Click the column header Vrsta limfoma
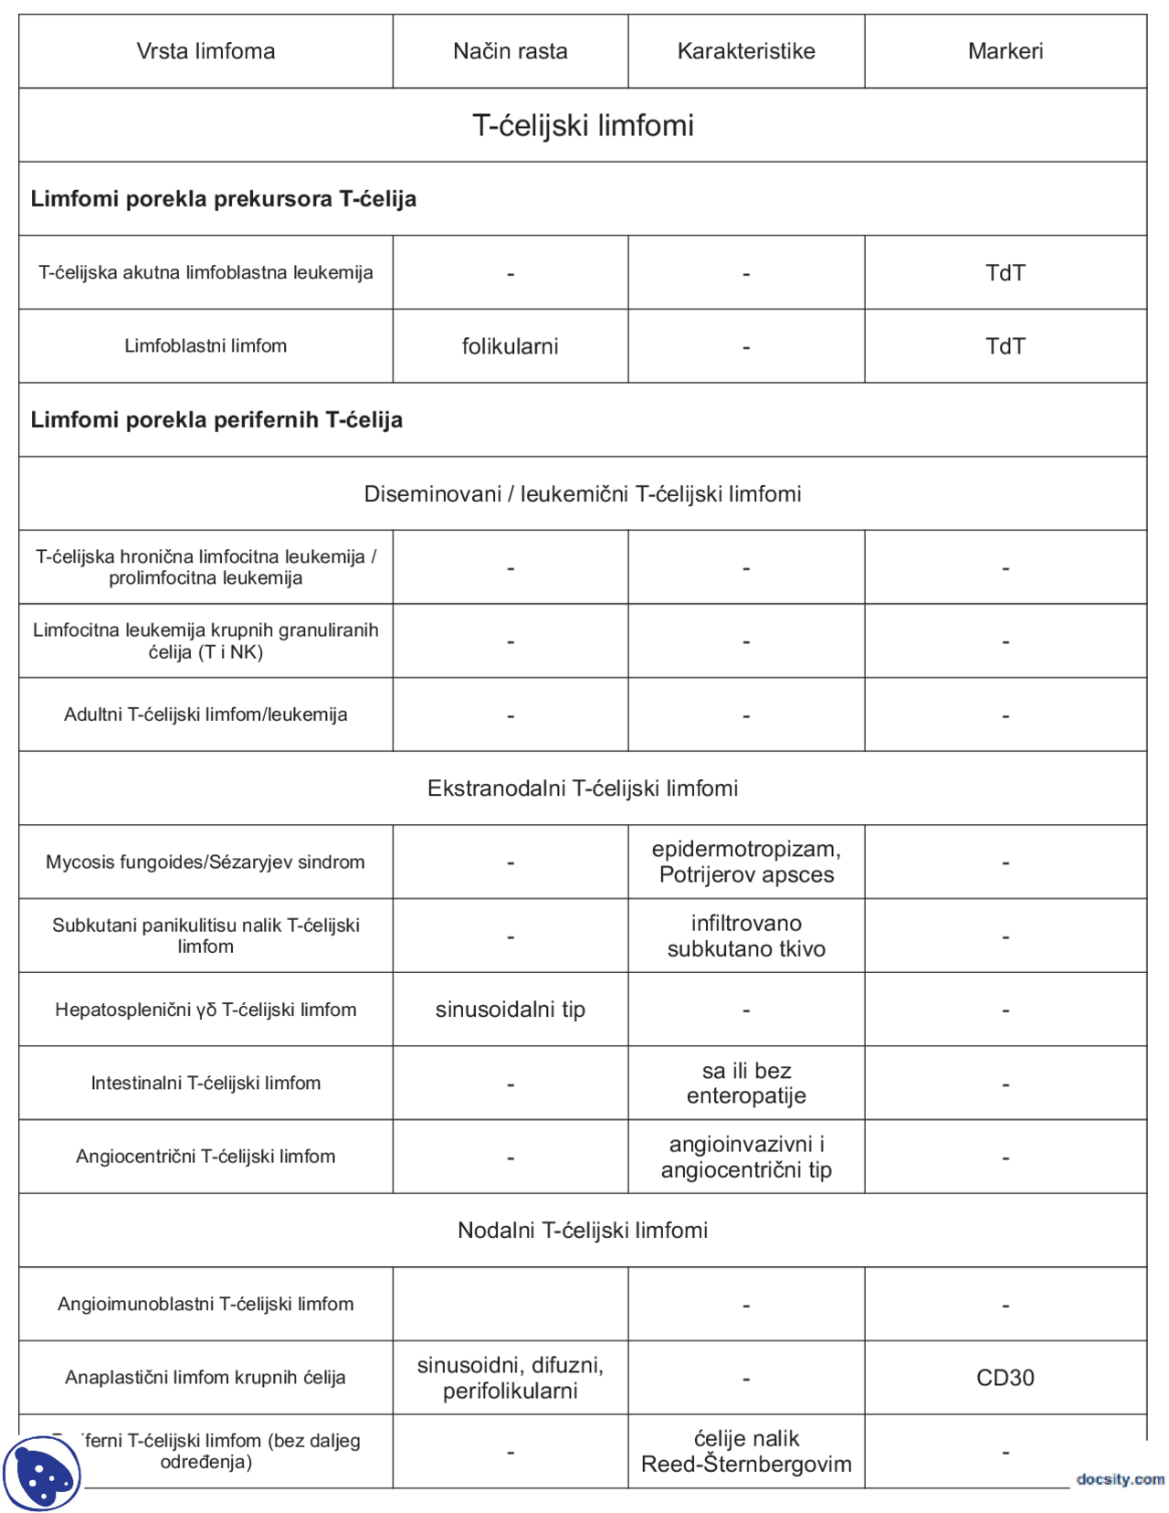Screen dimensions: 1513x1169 205,51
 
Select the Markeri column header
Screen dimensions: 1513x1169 1005,51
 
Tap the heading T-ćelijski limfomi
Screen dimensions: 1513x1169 583,125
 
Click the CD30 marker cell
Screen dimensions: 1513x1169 1005,1378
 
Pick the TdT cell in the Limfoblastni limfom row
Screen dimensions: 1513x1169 1005,346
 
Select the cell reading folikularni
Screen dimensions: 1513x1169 510,346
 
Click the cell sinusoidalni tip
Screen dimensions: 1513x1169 510,1010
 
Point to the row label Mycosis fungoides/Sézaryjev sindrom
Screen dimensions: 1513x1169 205,862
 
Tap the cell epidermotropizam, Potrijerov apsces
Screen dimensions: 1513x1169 746,862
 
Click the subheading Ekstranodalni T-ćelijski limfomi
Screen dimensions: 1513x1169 583,788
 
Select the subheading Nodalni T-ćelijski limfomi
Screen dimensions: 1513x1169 583,1231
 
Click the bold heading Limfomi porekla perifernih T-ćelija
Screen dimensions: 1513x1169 216,420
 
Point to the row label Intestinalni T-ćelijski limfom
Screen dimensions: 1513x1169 205,1084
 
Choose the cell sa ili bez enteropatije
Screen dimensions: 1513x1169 746,1083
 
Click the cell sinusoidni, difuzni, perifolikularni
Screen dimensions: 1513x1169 510,1378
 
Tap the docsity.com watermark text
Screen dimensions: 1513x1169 1120,1478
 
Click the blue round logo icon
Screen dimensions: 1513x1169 42,1473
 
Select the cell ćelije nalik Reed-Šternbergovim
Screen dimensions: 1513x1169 746,1451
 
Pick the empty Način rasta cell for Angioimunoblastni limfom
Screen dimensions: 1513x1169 510,1304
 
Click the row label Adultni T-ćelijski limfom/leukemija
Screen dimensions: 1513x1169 205,714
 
